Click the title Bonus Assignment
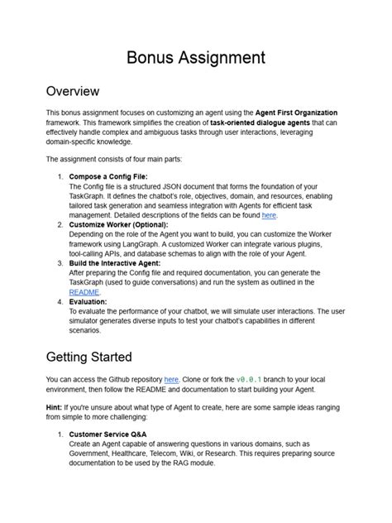click(195, 58)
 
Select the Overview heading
click(73, 91)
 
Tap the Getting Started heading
click(89, 357)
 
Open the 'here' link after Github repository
click(171, 378)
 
